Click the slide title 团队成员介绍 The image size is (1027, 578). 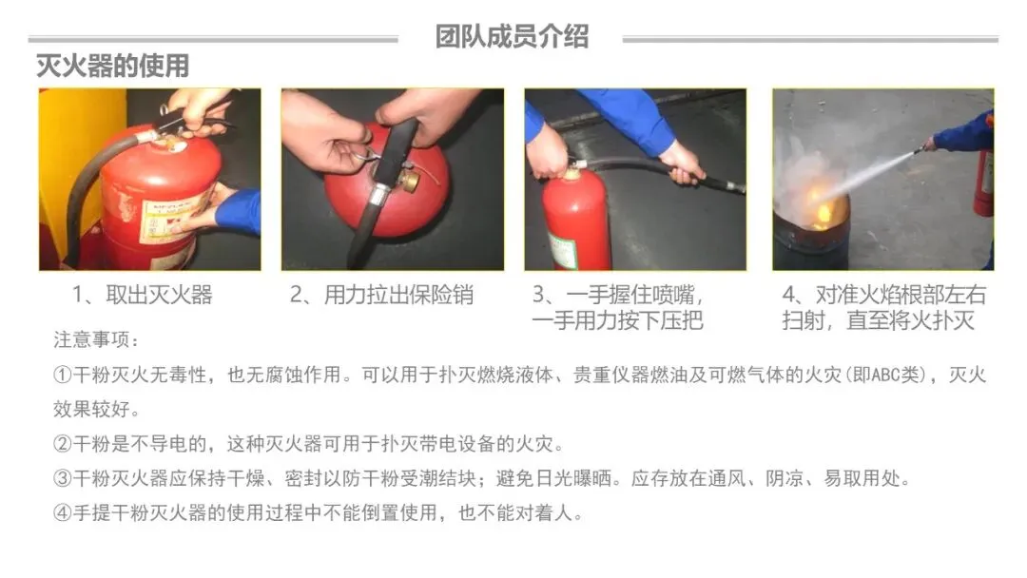513,37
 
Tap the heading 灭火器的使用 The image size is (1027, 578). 112,67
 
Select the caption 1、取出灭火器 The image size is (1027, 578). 142,296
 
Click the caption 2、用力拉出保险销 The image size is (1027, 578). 381,296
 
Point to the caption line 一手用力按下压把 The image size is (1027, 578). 618,320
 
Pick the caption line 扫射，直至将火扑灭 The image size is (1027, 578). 879,320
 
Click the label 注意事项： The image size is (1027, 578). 96,339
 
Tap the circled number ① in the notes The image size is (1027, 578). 62,376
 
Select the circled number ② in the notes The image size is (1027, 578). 62,444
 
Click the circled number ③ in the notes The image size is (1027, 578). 62,478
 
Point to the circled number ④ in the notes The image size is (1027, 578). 62,512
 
